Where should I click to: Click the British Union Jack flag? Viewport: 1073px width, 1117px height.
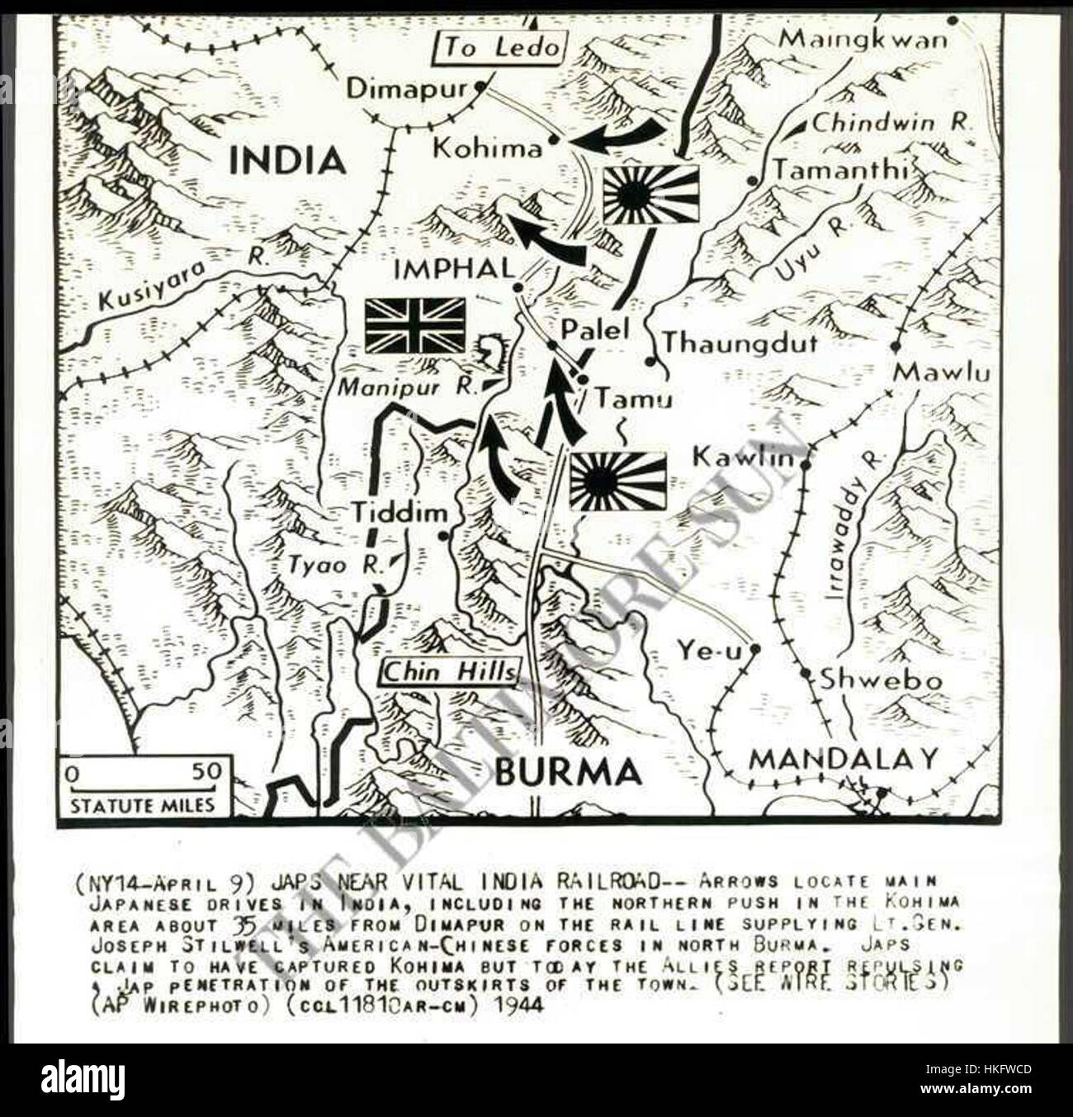(x=415, y=325)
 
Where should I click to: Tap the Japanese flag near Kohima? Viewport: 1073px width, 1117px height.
(x=650, y=195)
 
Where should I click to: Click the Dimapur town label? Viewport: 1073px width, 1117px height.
(x=407, y=88)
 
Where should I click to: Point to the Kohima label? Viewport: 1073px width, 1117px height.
(x=488, y=149)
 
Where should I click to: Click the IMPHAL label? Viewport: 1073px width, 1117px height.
(x=455, y=269)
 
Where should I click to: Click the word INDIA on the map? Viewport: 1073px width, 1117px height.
(x=286, y=160)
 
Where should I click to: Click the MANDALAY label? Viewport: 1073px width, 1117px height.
(x=844, y=758)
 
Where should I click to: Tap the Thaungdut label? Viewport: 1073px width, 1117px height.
(x=740, y=342)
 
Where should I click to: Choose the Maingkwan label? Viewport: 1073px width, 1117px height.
(x=863, y=39)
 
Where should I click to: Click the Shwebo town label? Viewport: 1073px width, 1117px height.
(x=881, y=680)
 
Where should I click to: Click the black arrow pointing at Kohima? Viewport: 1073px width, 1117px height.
(x=617, y=137)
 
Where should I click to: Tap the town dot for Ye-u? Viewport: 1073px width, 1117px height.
(x=754, y=649)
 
